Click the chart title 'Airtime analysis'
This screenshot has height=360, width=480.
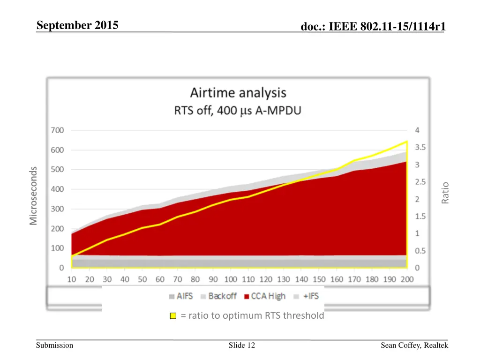(x=238, y=93)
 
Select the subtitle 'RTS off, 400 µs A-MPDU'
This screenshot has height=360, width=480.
(x=238, y=111)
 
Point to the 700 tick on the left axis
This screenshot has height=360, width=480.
(x=58, y=130)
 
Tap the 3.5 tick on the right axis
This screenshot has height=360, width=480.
(x=420, y=147)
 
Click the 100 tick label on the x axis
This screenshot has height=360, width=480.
(x=230, y=279)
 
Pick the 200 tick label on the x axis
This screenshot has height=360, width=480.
(x=407, y=279)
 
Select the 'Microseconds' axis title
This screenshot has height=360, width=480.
(x=33, y=195)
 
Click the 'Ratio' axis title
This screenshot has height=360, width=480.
(x=445, y=193)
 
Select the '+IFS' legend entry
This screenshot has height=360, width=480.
(x=307, y=296)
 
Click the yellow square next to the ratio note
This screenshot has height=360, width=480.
(x=173, y=316)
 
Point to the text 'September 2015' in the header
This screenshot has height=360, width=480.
(x=77, y=25)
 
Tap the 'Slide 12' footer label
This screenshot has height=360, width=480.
(x=242, y=345)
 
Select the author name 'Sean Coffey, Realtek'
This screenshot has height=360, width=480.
(x=414, y=345)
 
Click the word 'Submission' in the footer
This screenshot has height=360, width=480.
(x=55, y=345)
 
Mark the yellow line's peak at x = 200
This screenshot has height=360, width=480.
(x=406, y=141)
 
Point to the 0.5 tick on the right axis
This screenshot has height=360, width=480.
(x=420, y=251)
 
